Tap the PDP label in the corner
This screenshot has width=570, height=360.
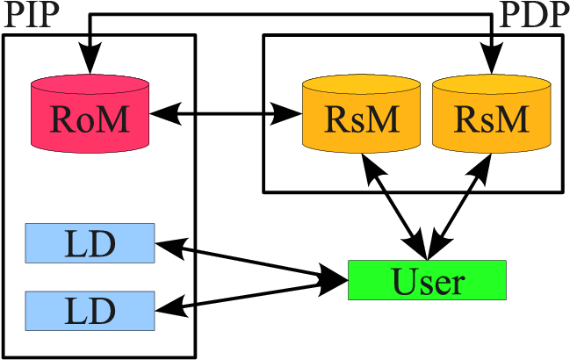pos(533,15)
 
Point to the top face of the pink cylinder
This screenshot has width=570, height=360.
pos(90,86)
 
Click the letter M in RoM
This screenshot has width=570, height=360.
pos(112,119)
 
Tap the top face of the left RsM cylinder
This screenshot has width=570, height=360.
pos(361,86)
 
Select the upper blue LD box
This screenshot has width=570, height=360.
pos(90,243)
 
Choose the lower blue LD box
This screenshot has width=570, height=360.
pos(90,311)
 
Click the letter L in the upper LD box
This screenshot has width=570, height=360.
pos(76,244)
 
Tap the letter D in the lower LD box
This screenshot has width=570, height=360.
pos(104,312)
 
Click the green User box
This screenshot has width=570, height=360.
pos(427,280)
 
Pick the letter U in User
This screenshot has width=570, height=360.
pos(402,281)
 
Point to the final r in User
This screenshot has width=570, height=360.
pos(458,284)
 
